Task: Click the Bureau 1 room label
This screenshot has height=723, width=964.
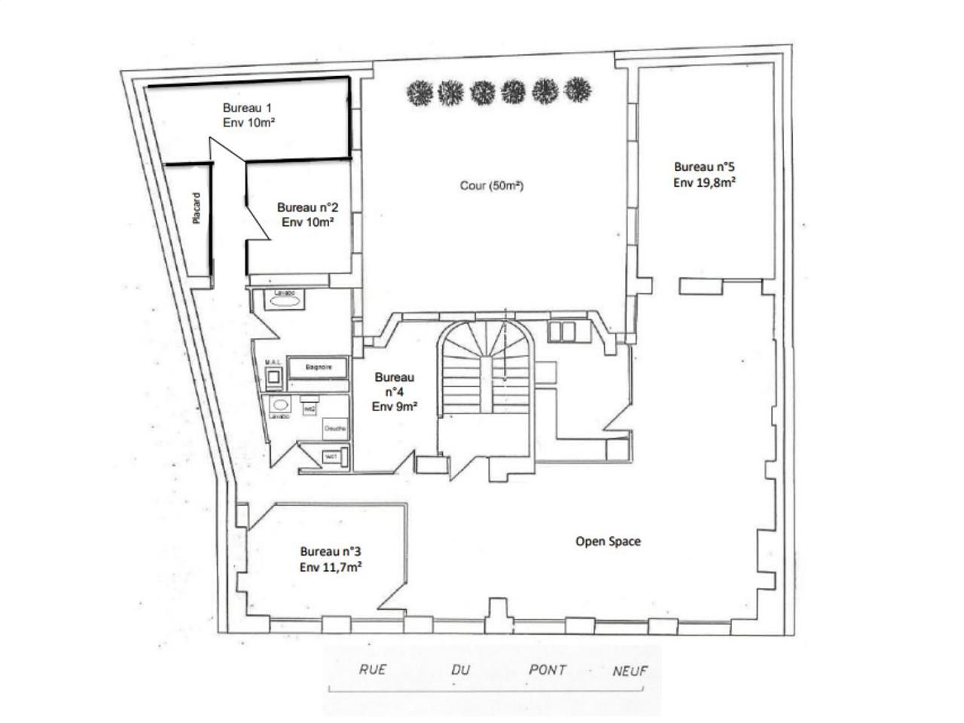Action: pyautogui.click(x=248, y=114)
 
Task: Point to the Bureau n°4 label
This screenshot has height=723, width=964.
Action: pyautogui.click(x=395, y=392)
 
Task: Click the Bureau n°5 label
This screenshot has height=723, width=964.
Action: pyautogui.click(x=704, y=174)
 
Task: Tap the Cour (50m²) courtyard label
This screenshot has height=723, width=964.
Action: pyautogui.click(x=491, y=185)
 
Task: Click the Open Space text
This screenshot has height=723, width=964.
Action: pyautogui.click(x=608, y=541)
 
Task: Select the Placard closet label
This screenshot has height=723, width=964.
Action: pyautogui.click(x=197, y=209)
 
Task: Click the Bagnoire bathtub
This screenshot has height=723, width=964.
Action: pyautogui.click(x=315, y=368)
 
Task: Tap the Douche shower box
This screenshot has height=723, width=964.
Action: pyautogui.click(x=334, y=429)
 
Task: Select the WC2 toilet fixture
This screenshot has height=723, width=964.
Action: pyautogui.click(x=309, y=407)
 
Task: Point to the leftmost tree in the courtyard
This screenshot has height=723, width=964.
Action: pyautogui.click(x=419, y=93)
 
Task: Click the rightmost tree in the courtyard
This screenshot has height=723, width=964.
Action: pyautogui.click(x=577, y=90)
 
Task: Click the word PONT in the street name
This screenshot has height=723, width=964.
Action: pyautogui.click(x=548, y=670)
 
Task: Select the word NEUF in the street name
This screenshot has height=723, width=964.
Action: pyautogui.click(x=630, y=670)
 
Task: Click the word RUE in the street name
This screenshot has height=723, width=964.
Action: pyautogui.click(x=372, y=670)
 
